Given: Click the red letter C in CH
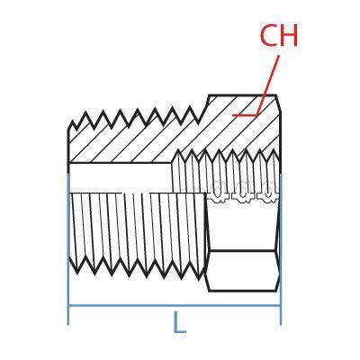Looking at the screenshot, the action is click(268, 35).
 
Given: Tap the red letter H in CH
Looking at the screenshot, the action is click(289, 35).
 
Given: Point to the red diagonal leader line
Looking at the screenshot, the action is click(267, 85).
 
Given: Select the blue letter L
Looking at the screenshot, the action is click(179, 322).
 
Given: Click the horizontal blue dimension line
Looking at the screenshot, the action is click(175, 306).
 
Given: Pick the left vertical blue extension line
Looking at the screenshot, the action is click(68, 249).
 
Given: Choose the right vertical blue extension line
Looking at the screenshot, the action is click(281, 249).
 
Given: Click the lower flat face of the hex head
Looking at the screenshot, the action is click(242, 271).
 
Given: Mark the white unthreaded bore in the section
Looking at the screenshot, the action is click(121, 177).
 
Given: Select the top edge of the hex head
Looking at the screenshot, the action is click(242, 95).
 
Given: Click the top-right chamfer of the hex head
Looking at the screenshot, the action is click(278, 103).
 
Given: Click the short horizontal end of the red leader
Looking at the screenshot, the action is click(245, 115).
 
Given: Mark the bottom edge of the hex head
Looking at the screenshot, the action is click(242, 291).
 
